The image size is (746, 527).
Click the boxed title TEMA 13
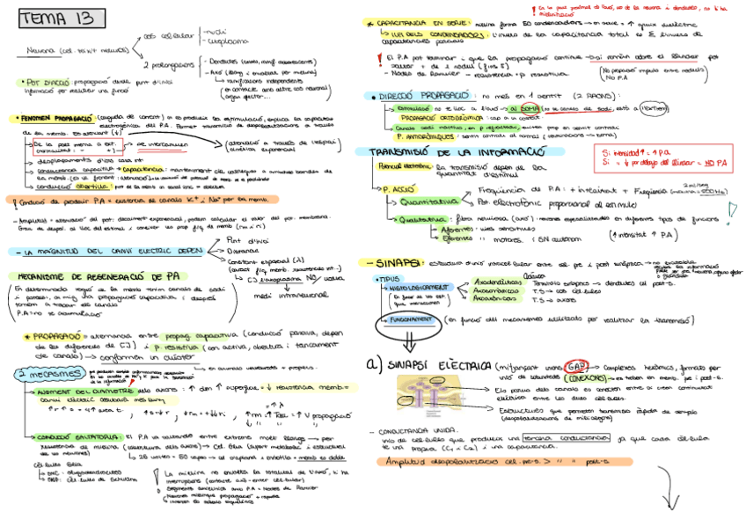pos(60,18)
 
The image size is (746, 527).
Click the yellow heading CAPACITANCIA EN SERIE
pos(418,24)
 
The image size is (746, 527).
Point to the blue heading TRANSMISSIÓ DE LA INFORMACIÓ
pos(449,152)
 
